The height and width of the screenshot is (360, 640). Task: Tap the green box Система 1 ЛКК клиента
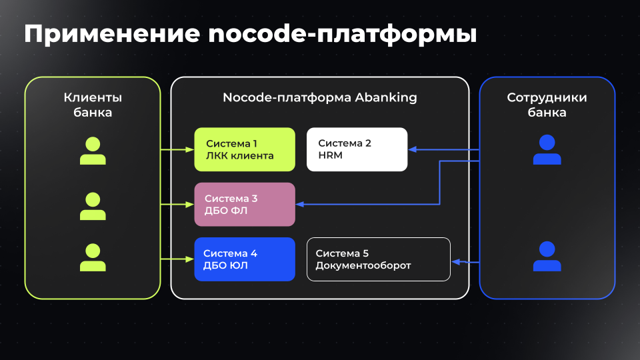click(x=245, y=149)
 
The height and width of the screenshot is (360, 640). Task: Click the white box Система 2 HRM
click(x=357, y=149)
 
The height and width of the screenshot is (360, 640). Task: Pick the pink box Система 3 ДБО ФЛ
click(x=245, y=205)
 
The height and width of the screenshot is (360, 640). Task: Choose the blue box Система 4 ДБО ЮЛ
click(x=245, y=259)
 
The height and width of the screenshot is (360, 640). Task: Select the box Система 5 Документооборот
click(x=378, y=259)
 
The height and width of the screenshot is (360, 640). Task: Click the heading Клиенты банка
click(x=93, y=105)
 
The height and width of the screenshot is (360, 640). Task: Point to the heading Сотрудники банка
click(x=547, y=105)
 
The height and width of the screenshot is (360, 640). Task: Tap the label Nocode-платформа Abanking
click(x=319, y=97)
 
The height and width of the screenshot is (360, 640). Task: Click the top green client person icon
click(x=93, y=151)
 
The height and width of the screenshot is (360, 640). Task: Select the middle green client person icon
click(x=93, y=206)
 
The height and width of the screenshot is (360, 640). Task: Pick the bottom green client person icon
click(x=93, y=258)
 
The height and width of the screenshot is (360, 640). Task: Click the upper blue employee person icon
click(x=547, y=149)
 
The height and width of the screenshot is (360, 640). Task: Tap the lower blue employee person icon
click(x=547, y=257)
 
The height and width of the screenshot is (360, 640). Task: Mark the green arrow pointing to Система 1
click(x=177, y=150)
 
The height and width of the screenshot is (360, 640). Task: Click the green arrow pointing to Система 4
click(x=177, y=258)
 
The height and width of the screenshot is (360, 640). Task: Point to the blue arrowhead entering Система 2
click(x=413, y=149)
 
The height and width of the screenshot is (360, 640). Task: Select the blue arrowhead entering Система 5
click(x=456, y=262)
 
